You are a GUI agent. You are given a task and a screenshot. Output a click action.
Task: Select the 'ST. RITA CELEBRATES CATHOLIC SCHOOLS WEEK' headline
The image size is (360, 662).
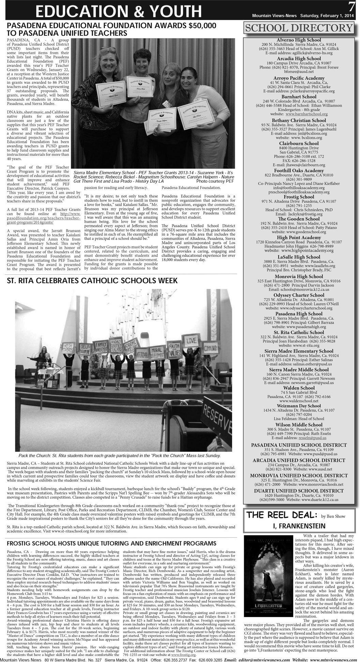tap(92, 281)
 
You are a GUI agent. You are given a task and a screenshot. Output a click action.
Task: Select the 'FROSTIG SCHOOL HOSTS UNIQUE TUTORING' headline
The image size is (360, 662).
tap(111, 543)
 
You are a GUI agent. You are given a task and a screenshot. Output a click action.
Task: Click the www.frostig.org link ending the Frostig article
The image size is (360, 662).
tap(186, 655)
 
